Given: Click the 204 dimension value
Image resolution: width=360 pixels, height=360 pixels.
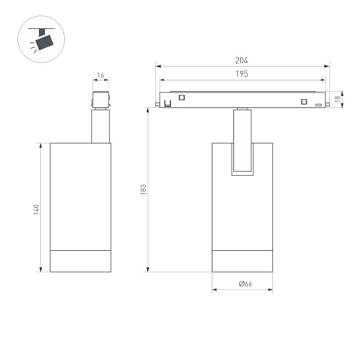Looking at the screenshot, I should click(241, 60).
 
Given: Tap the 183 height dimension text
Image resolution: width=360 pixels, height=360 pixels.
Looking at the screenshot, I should click(143, 189).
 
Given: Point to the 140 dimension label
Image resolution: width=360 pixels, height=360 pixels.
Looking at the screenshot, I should click(36, 209).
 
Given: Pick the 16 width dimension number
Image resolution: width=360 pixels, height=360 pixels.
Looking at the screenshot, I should click(100, 76).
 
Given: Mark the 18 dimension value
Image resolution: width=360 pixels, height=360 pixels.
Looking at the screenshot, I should click(338, 98).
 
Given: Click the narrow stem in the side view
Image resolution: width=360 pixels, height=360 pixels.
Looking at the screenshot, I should click(100, 126).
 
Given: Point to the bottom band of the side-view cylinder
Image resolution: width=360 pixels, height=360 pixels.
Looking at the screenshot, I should click(80, 260).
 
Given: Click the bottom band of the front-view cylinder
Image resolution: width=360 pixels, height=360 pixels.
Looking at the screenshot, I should click(242, 260).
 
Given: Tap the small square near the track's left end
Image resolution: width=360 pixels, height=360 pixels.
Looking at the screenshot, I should click(182, 98).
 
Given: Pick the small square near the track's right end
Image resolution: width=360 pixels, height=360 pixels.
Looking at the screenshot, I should click(304, 100).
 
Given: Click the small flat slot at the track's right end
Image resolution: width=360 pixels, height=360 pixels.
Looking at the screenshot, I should click(318, 104).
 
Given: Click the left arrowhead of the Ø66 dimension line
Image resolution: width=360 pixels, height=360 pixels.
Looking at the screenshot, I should click(214, 290).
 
